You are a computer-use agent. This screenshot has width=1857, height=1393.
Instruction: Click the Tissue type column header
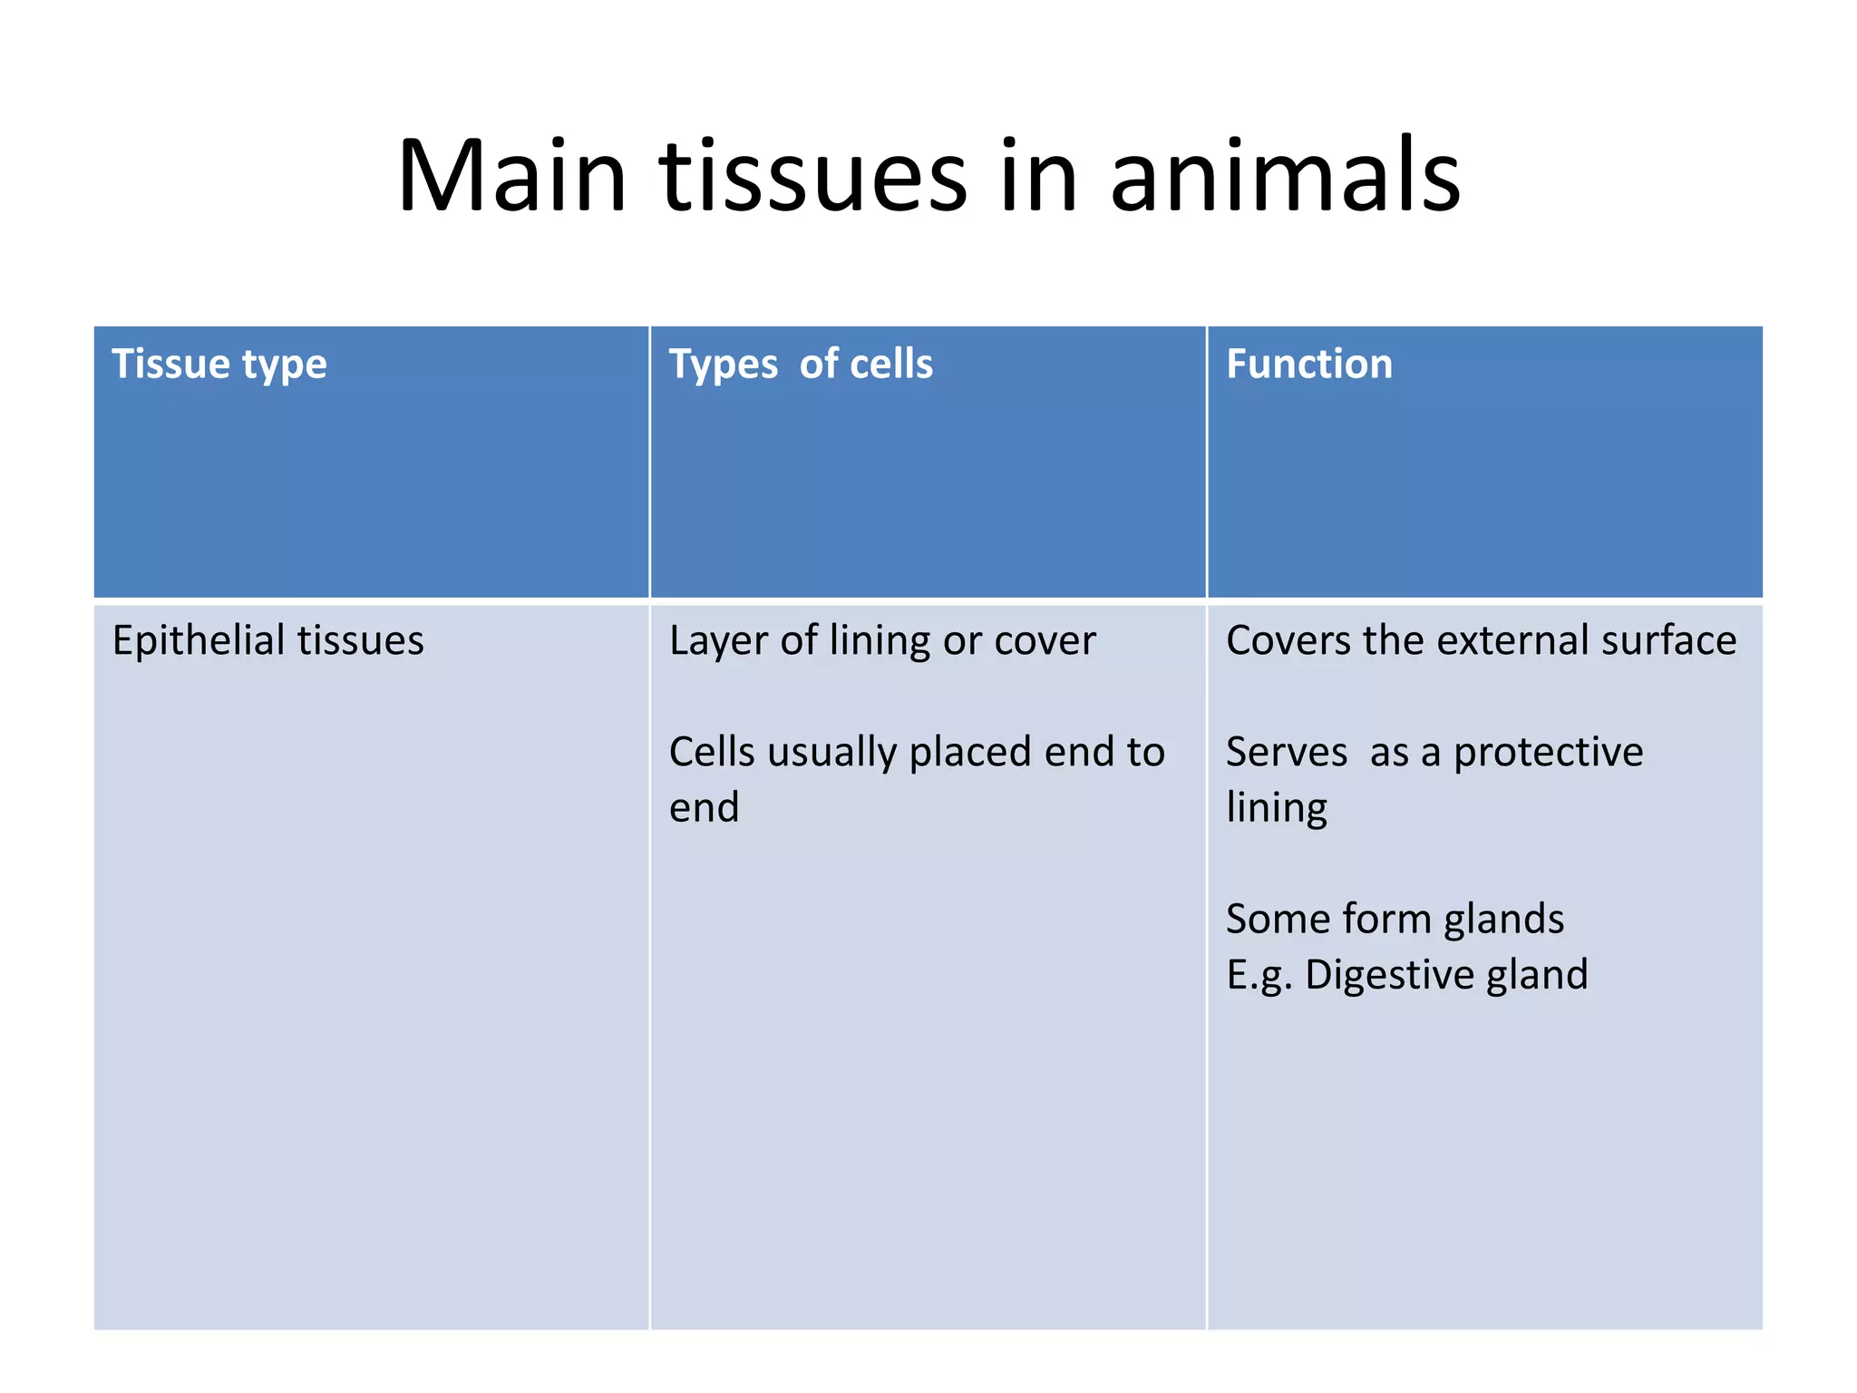(x=219, y=365)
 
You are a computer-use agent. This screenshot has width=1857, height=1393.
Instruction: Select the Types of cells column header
(x=801, y=365)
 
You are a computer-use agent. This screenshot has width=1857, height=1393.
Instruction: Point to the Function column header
(x=1308, y=365)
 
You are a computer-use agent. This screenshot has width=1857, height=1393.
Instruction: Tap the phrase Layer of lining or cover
(x=882, y=640)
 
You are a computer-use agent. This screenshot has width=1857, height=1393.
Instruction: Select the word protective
(x=1548, y=753)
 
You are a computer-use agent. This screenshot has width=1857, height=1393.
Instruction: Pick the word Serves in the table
(x=1286, y=753)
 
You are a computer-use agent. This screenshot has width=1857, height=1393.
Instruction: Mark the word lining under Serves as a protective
(x=1276, y=807)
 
